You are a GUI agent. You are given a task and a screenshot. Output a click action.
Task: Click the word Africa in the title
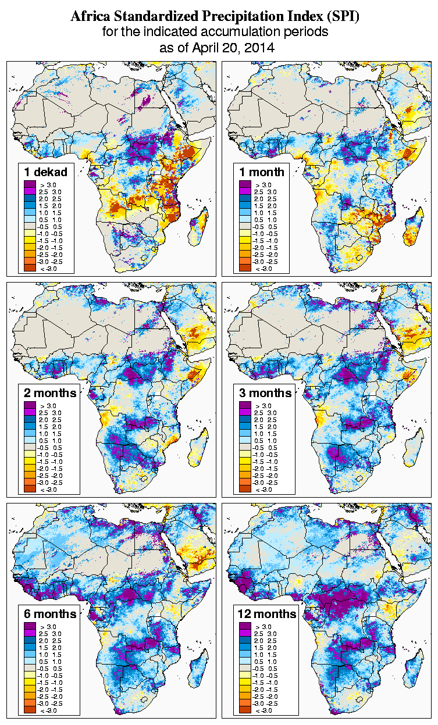[x=90, y=17]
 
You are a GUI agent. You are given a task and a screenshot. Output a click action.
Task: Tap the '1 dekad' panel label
[x=46, y=172]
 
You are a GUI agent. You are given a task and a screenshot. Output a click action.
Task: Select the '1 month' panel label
[x=261, y=172]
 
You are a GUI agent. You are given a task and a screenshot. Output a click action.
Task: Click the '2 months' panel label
[x=50, y=392]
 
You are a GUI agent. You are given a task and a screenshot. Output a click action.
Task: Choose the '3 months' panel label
[x=265, y=392]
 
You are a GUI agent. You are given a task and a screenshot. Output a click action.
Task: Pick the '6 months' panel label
[x=50, y=614]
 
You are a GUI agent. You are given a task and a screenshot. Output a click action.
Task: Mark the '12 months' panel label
[x=267, y=614]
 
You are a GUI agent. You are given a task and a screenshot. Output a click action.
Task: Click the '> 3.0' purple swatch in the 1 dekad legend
[x=30, y=184]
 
